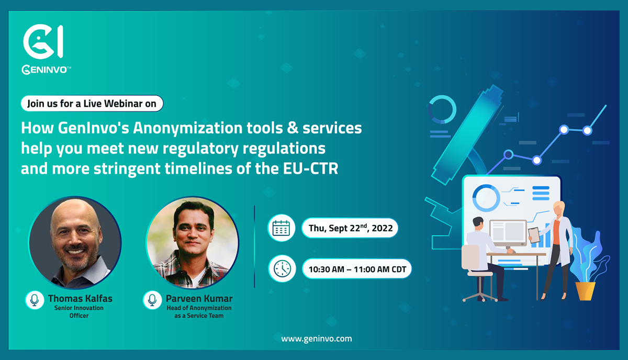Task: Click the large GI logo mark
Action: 43,41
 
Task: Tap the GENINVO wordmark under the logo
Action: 46,70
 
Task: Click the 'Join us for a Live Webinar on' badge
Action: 92,104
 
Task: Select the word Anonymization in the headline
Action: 187,128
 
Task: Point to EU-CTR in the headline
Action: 310,169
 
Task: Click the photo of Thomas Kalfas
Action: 75,242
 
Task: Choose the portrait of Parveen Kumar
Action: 193,242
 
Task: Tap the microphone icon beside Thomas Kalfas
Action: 35,300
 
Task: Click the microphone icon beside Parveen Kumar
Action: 152,300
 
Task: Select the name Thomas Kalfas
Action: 80,299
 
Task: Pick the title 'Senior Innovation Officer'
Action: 79,312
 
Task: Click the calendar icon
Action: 281,228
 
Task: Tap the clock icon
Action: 282,268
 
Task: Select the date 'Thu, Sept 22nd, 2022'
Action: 351,228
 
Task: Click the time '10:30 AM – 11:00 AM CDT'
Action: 357,269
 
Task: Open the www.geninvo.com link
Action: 317,339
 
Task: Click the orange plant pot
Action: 586,291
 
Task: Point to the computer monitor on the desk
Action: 508,234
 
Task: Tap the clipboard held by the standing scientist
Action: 534,235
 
